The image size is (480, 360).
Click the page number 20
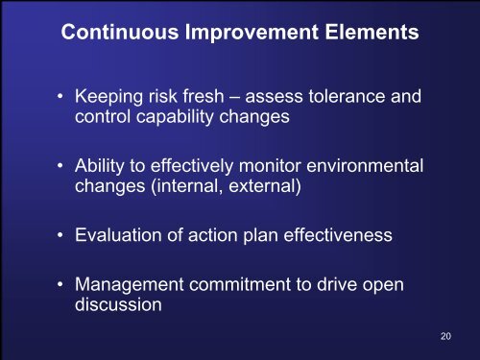(x=444, y=336)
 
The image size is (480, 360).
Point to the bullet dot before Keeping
(x=60, y=97)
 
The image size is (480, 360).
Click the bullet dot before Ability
(x=60, y=165)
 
